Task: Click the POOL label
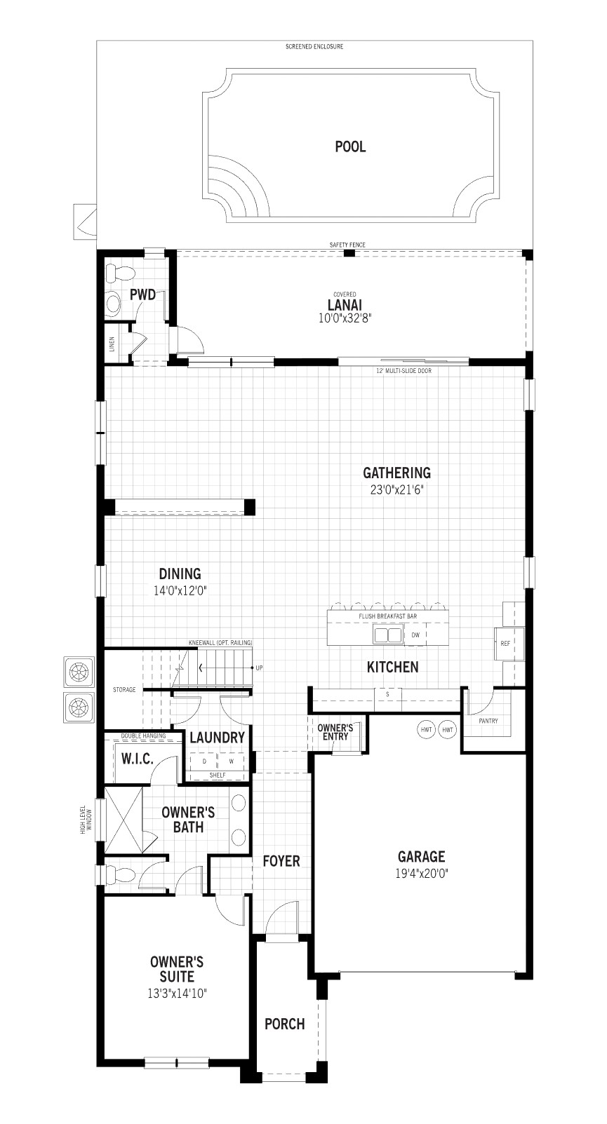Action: point(350,147)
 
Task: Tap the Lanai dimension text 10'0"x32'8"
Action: point(344,318)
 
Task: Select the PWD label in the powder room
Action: point(142,295)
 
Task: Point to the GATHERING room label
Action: point(396,473)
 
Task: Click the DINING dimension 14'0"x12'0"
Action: point(180,590)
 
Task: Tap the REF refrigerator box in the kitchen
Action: point(505,642)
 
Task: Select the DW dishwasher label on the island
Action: point(415,635)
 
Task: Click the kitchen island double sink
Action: point(387,635)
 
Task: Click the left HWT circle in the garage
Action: point(426,730)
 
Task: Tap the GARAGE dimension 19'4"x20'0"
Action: point(422,874)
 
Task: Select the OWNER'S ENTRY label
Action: point(335,732)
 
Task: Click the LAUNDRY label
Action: point(217,738)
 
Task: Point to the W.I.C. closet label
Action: point(137,759)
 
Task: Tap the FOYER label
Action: point(281,861)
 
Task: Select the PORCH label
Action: point(285,1024)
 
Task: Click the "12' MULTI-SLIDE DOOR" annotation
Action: point(404,370)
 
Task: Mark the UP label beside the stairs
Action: point(259,668)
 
